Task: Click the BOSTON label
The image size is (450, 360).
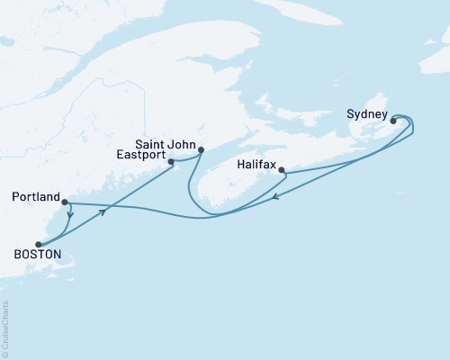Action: (37, 256)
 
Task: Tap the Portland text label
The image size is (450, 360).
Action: (36, 196)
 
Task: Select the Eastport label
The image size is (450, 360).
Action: (141, 155)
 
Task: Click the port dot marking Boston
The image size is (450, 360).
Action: (38, 244)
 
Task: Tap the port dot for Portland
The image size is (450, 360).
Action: (65, 202)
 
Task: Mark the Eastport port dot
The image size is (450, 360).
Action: (171, 162)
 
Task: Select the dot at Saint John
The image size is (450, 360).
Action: (201, 150)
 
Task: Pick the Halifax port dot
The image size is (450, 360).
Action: (282, 170)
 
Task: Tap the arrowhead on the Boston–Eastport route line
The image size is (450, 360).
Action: (105, 211)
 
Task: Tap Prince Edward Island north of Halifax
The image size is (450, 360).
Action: (297, 126)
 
